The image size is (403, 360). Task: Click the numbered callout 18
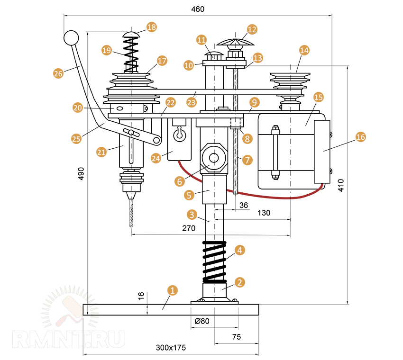pos(151,27)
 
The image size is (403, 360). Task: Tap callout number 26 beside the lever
pos(58,73)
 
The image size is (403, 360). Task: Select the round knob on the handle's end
pos(71,38)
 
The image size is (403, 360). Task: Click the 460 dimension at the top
pos(198,9)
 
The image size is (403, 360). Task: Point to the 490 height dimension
pos(81,173)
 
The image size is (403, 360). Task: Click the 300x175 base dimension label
pos(171,347)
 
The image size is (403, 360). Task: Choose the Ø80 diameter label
pos(202,321)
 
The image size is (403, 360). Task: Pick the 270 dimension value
pos(189,228)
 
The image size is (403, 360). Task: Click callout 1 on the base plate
pos(173,290)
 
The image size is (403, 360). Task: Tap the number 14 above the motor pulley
pos(304,50)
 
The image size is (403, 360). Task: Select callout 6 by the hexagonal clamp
pos(179,180)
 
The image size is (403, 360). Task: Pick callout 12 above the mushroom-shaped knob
pos(252,29)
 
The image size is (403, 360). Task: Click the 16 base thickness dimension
pos(141,296)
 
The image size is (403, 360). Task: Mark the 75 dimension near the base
pos(237,337)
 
